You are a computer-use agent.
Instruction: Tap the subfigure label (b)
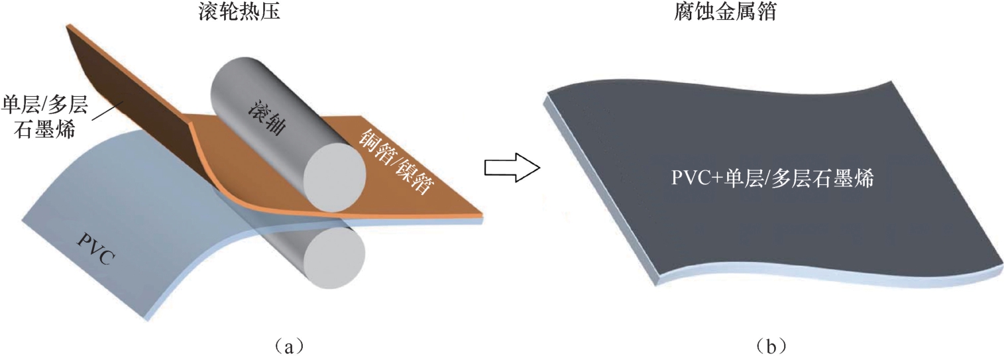(771, 345)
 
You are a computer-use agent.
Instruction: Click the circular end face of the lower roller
(335, 257)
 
